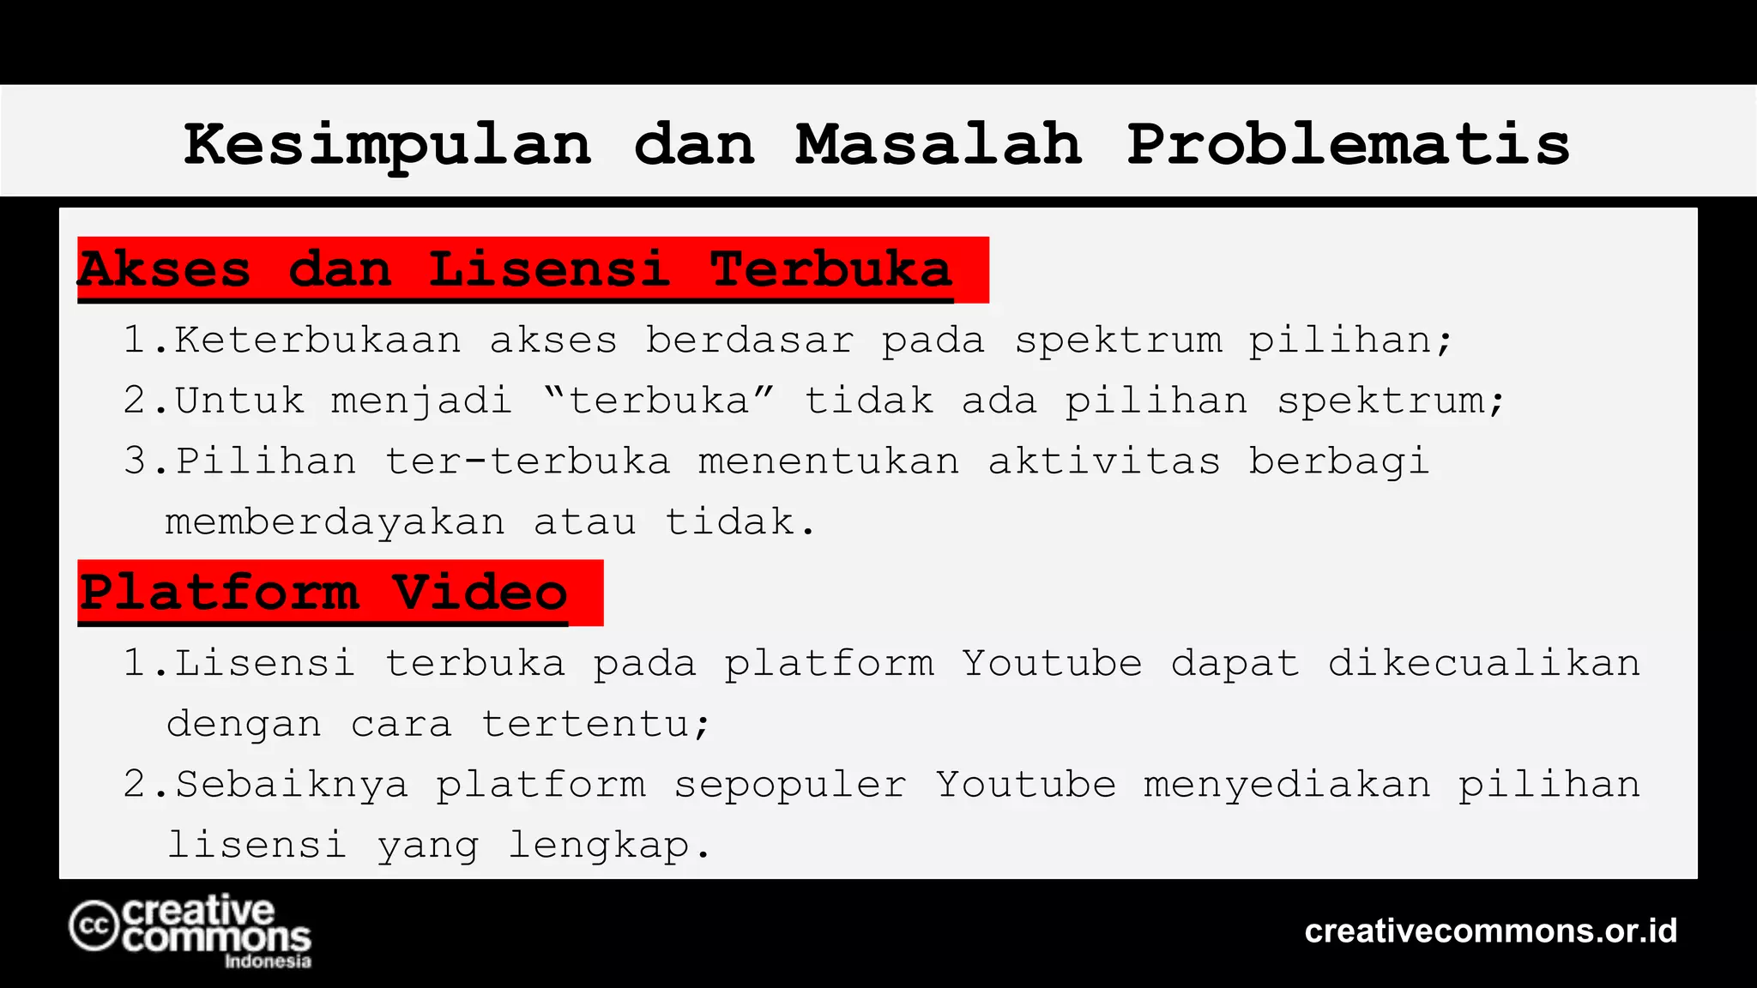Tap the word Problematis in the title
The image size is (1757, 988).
tap(1348, 143)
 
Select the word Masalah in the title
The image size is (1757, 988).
tap(939, 143)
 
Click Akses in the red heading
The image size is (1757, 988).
tap(165, 269)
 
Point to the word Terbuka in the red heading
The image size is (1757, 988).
tap(830, 269)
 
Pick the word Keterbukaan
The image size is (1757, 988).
tap(318, 340)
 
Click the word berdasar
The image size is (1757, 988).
tap(750, 340)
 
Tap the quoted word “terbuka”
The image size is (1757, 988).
tap(659, 401)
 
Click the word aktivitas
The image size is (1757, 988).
tap(1104, 461)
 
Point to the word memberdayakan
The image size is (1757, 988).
tap(335, 522)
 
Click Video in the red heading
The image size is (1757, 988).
tap(480, 593)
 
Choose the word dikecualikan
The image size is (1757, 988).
tap(1484, 663)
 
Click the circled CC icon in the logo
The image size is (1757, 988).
tap(94, 925)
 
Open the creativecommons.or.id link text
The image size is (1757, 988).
tap(1491, 931)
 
